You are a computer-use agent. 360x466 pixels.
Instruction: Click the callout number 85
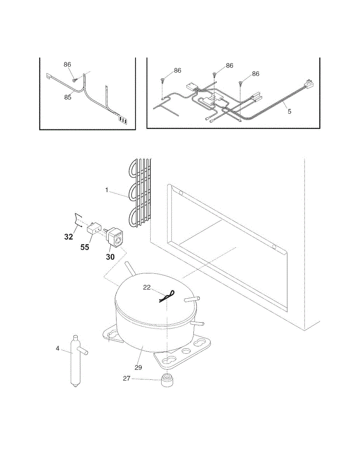click(x=68, y=97)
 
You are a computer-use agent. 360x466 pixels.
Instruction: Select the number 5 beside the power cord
click(x=289, y=111)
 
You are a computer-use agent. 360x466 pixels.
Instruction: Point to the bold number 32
click(x=68, y=236)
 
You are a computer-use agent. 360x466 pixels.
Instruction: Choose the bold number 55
click(x=85, y=247)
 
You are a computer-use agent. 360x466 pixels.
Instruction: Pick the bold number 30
click(x=110, y=256)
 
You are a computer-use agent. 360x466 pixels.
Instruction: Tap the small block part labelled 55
click(x=95, y=228)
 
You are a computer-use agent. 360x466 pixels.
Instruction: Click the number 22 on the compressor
click(x=147, y=287)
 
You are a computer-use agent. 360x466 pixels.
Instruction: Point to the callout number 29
click(x=139, y=367)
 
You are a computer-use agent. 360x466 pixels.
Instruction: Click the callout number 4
click(x=57, y=348)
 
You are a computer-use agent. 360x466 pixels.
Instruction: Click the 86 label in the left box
click(x=68, y=64)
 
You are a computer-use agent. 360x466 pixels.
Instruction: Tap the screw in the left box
click(x=74, y=80)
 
